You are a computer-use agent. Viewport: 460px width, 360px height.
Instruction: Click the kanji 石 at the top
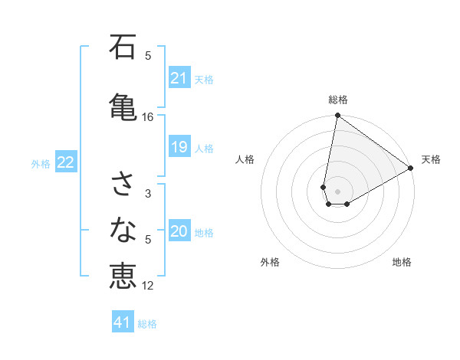(x=123, y=47)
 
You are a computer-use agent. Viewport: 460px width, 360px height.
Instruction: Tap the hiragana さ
(x=123, y=184)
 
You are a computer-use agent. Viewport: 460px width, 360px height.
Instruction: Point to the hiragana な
(x=123, y=228)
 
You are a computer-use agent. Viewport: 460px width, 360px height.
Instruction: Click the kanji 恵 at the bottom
(x=123, y=276)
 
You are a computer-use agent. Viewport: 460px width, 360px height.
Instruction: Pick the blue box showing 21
(x=179, y=77)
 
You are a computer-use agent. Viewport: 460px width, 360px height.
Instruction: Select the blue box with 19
(x=179, y=147)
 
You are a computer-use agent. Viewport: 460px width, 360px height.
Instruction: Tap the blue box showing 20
(x=179, y=231)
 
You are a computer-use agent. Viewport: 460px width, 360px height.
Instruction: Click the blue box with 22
(x=66, y=162)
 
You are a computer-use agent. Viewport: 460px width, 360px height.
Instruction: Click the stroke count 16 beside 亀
(x=148, y=117)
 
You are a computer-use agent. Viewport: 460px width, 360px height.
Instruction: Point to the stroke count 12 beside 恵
(x=148, y=286)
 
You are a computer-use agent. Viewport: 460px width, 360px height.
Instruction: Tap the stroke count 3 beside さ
(x=148, y=194)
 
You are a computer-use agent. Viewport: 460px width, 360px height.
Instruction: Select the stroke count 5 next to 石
(x=148, y=55)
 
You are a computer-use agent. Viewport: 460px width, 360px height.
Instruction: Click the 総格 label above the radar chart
(x=338, y=100)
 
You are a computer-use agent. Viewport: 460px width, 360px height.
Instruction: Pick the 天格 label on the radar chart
(x=431, y=159)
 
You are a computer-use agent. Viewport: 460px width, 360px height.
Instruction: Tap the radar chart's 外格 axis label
(x=270, y=262)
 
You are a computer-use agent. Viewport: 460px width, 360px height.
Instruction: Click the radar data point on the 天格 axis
(x=411, y=169)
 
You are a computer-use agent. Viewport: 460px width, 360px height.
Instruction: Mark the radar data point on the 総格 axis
(x=337, y=116)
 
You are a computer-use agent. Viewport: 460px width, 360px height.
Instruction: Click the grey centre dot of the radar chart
(x=337, y=191)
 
